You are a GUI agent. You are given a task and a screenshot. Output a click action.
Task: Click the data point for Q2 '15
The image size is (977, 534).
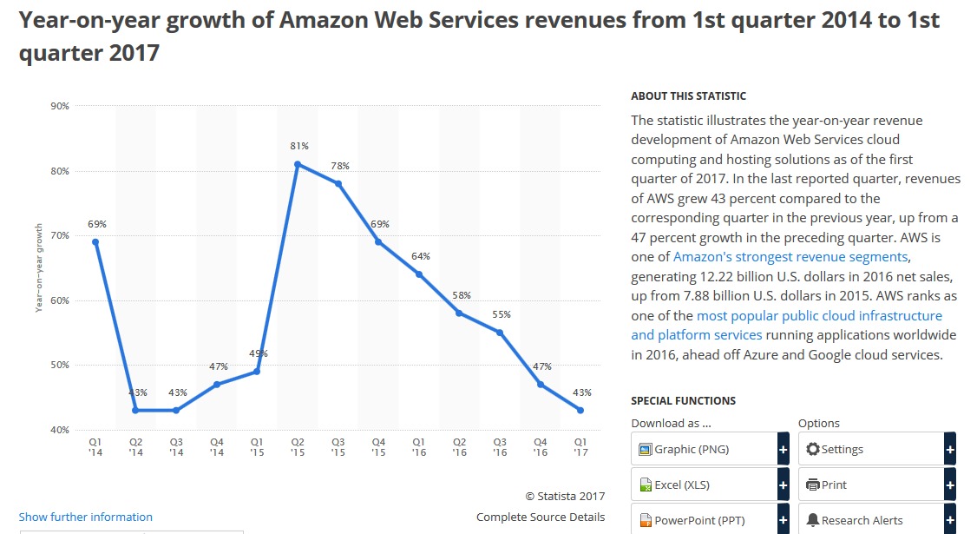298,164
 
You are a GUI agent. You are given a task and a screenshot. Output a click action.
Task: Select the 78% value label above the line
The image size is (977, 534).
339,166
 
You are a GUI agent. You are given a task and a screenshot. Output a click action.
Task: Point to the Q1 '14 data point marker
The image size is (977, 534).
95,242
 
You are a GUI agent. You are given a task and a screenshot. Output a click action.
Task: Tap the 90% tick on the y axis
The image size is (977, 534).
61,106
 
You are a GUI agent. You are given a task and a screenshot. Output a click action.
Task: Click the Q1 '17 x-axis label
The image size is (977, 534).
580,446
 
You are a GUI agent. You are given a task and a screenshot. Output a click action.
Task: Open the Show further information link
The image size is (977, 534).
86,517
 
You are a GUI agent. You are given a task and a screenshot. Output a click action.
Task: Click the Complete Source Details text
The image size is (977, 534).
541,517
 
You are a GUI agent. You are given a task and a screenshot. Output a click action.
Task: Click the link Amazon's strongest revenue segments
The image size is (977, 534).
790,257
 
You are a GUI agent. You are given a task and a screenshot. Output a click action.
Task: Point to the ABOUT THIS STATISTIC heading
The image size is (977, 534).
688,96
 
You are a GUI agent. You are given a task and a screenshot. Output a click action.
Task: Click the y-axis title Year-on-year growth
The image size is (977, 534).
39,267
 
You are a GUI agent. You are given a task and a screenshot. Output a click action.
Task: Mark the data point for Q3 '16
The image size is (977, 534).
500,333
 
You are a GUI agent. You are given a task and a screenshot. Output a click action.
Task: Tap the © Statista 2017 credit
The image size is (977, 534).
565,496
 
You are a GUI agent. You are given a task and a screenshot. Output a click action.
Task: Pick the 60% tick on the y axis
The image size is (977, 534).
61,300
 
